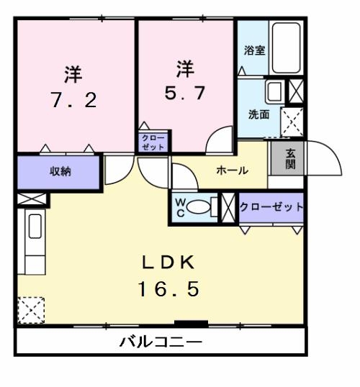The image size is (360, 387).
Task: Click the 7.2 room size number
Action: pyautogui.click(x=73, y=100)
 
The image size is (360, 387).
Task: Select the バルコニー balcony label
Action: pyautogui.click(x=160, y=341)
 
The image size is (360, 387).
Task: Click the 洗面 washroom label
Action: pyautogui.click(x=258, y=114)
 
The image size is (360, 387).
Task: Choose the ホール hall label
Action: pyautogui.click(x=232, y=170)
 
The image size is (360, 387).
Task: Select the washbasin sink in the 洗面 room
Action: pyautogui.click(x=274, y=91)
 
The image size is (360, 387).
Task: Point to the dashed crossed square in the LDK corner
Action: pyautogui.click(x=32, y=310)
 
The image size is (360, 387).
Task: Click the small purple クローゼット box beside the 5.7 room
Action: pyautogui.click(x=153, y=141)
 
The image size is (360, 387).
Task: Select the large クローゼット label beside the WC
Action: pyautogui.click(x=271, y=207)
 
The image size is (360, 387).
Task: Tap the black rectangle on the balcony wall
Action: pyautogui.click(x=191, y=323)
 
